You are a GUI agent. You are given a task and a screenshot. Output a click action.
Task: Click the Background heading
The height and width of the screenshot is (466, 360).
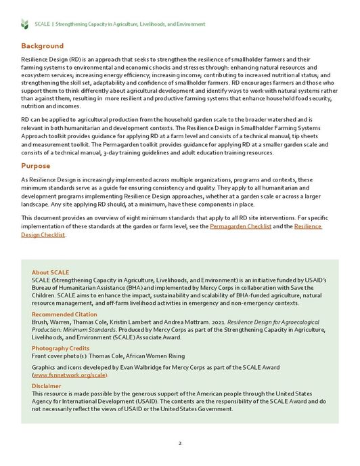pyautogui.click(x=42, y=46)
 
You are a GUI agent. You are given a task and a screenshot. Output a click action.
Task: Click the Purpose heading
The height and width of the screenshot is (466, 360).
pyautogui.click(x=36, y=165)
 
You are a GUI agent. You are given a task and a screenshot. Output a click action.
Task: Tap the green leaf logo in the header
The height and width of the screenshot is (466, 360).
pyautogui.click(x=25, y=24)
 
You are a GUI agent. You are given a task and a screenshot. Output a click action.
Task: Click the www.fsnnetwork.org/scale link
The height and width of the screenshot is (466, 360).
pyautogui.click(x=70, y=375)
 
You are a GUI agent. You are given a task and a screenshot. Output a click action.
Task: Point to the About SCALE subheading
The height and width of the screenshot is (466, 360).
pyautogui.click(x=50, y=272)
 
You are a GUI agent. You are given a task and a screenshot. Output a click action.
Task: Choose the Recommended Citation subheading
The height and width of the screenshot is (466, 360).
pyautogui.click(x=64, y=315)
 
